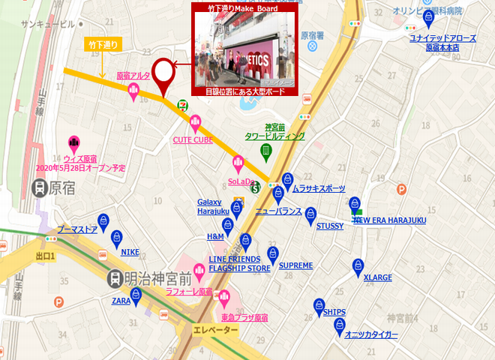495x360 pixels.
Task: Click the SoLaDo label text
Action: pos(238,180)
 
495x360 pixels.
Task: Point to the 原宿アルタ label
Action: pos(133,75)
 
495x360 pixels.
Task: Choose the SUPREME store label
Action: pos(295,265)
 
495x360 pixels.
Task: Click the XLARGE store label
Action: pos(377,277)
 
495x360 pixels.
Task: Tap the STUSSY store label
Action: pos(329,225)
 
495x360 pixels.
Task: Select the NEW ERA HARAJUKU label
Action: pos(389,220)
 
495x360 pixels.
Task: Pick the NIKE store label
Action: pos(130,252)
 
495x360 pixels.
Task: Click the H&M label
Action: pos(215,236)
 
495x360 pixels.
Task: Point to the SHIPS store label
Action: pos(334,311)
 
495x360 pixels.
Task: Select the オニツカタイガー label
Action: pos(371,334)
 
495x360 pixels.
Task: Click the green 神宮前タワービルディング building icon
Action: pos(265,151)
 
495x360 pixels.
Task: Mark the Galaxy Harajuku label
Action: pos(212,206)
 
